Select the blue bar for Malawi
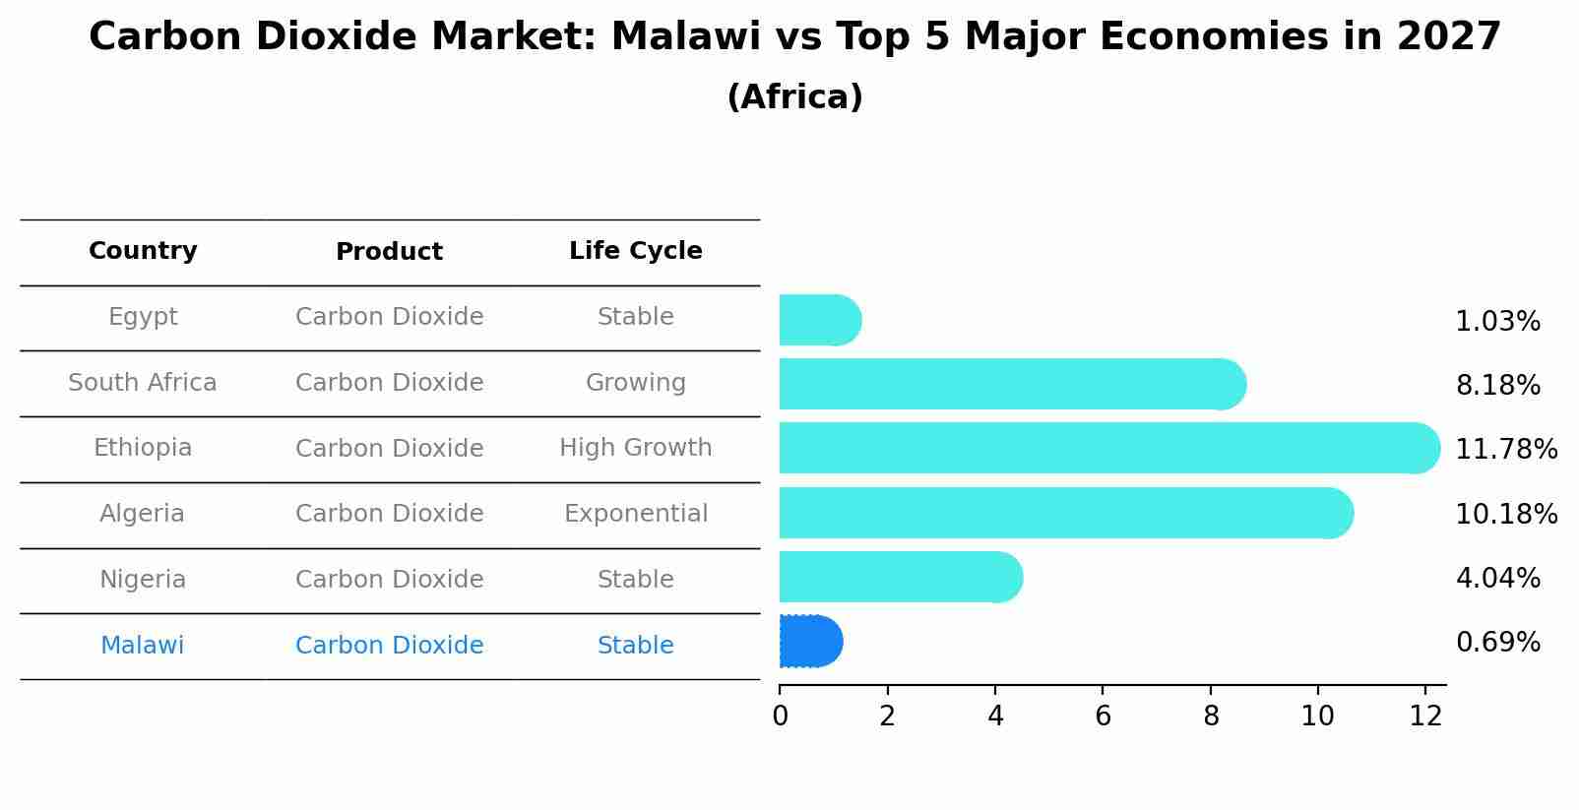click(810, 642)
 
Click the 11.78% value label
click(1505, 450)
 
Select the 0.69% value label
click(1497, 643)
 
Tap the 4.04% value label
click(1497, 578)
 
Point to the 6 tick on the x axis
click(1103, 716)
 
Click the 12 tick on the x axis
click(1425, 716)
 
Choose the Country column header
click(143, 251)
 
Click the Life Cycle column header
click(635, 251)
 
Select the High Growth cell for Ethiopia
click(635, 448)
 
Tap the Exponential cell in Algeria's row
click(635, 514)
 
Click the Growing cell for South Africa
click(635, 383)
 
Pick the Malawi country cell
click(142, 646)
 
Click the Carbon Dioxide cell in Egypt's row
click(389, 317)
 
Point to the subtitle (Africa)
click(794, 97)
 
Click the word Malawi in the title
click(685, 37)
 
